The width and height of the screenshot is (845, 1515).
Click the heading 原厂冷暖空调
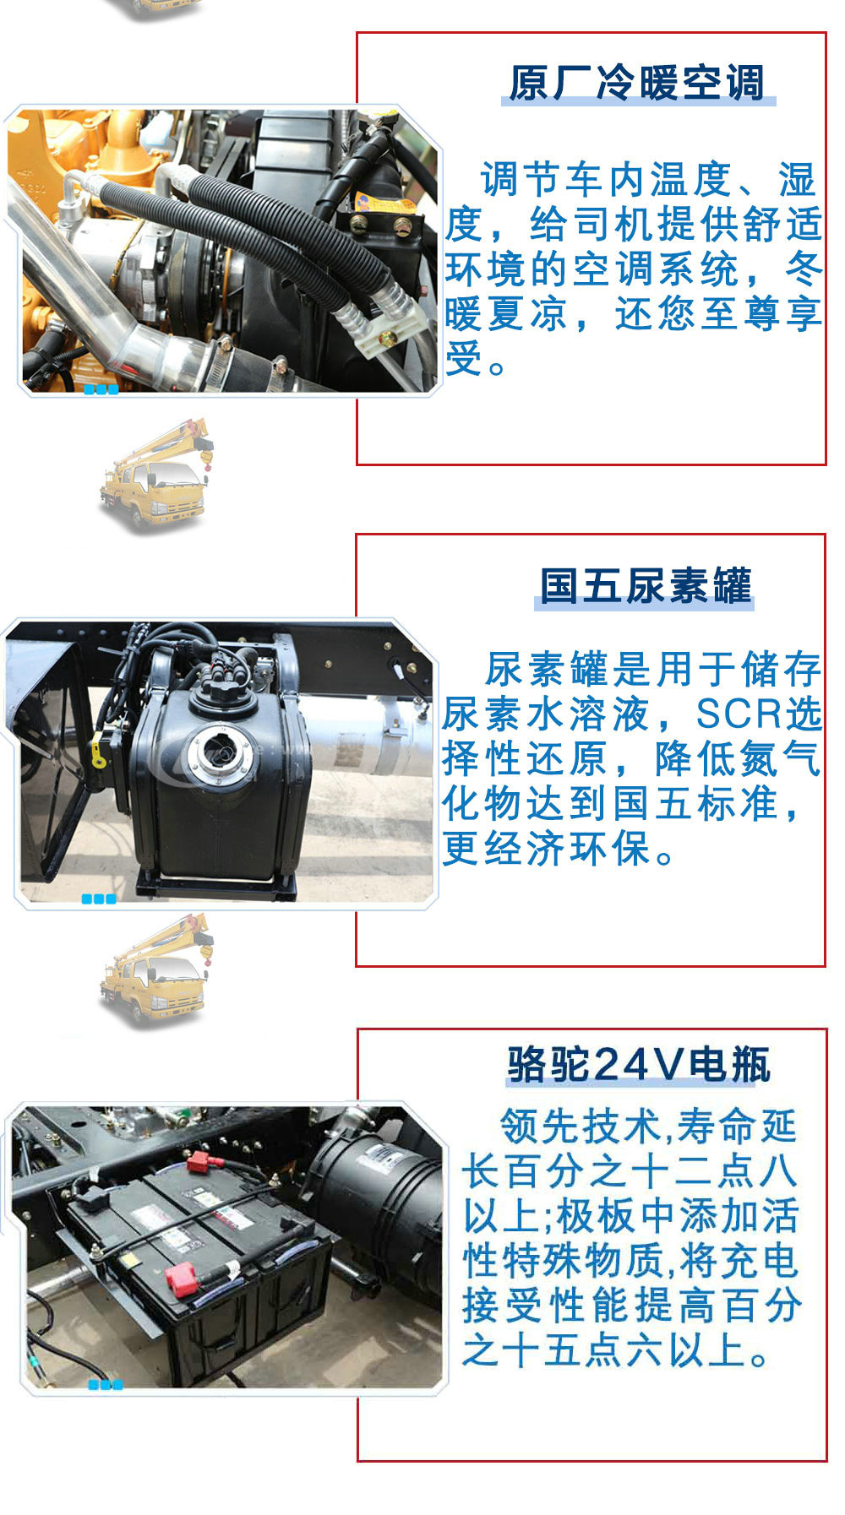tap(636, 84)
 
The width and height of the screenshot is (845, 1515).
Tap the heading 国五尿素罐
tap(645, 585)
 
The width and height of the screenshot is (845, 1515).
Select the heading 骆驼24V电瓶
tap(639, 1064)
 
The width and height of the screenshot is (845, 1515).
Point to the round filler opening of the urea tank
tap(223, 751)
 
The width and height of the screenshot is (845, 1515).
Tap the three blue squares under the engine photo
tap(101, 389)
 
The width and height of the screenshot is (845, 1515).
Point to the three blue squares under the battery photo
tap(106, 1384)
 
